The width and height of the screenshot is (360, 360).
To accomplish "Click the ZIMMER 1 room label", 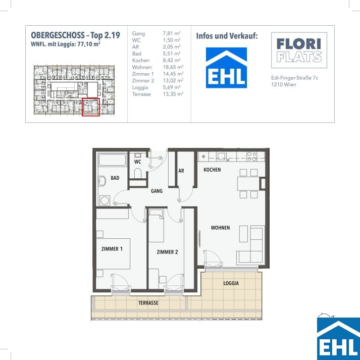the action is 112,249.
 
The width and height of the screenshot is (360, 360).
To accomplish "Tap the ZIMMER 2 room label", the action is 167,252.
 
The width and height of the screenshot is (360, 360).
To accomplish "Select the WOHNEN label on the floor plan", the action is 220,228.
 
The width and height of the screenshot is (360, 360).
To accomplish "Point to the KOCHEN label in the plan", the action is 212,170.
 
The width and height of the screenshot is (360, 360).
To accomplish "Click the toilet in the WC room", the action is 138,173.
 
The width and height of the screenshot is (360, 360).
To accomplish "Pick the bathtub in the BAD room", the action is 112,160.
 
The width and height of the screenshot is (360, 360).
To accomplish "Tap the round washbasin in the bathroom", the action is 102,181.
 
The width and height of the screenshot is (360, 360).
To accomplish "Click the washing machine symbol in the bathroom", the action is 105,200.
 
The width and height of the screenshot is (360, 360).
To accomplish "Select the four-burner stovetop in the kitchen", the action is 251,157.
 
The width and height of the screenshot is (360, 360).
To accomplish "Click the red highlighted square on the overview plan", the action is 91,107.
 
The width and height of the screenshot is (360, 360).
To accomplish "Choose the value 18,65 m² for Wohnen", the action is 173,67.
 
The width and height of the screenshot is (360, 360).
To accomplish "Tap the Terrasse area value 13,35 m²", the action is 173,94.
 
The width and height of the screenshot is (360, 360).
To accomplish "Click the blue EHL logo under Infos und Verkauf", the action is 226,68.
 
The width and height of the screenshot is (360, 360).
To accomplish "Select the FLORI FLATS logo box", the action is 299,50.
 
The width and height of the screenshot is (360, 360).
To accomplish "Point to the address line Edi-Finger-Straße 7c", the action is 294,78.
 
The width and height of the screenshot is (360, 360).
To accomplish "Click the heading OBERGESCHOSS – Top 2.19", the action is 75,35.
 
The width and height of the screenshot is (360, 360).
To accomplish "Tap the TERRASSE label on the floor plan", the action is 148,303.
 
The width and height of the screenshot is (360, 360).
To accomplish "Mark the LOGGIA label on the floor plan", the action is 231,283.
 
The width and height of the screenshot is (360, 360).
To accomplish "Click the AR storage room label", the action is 181,171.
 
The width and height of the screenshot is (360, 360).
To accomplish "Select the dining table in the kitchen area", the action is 248,183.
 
